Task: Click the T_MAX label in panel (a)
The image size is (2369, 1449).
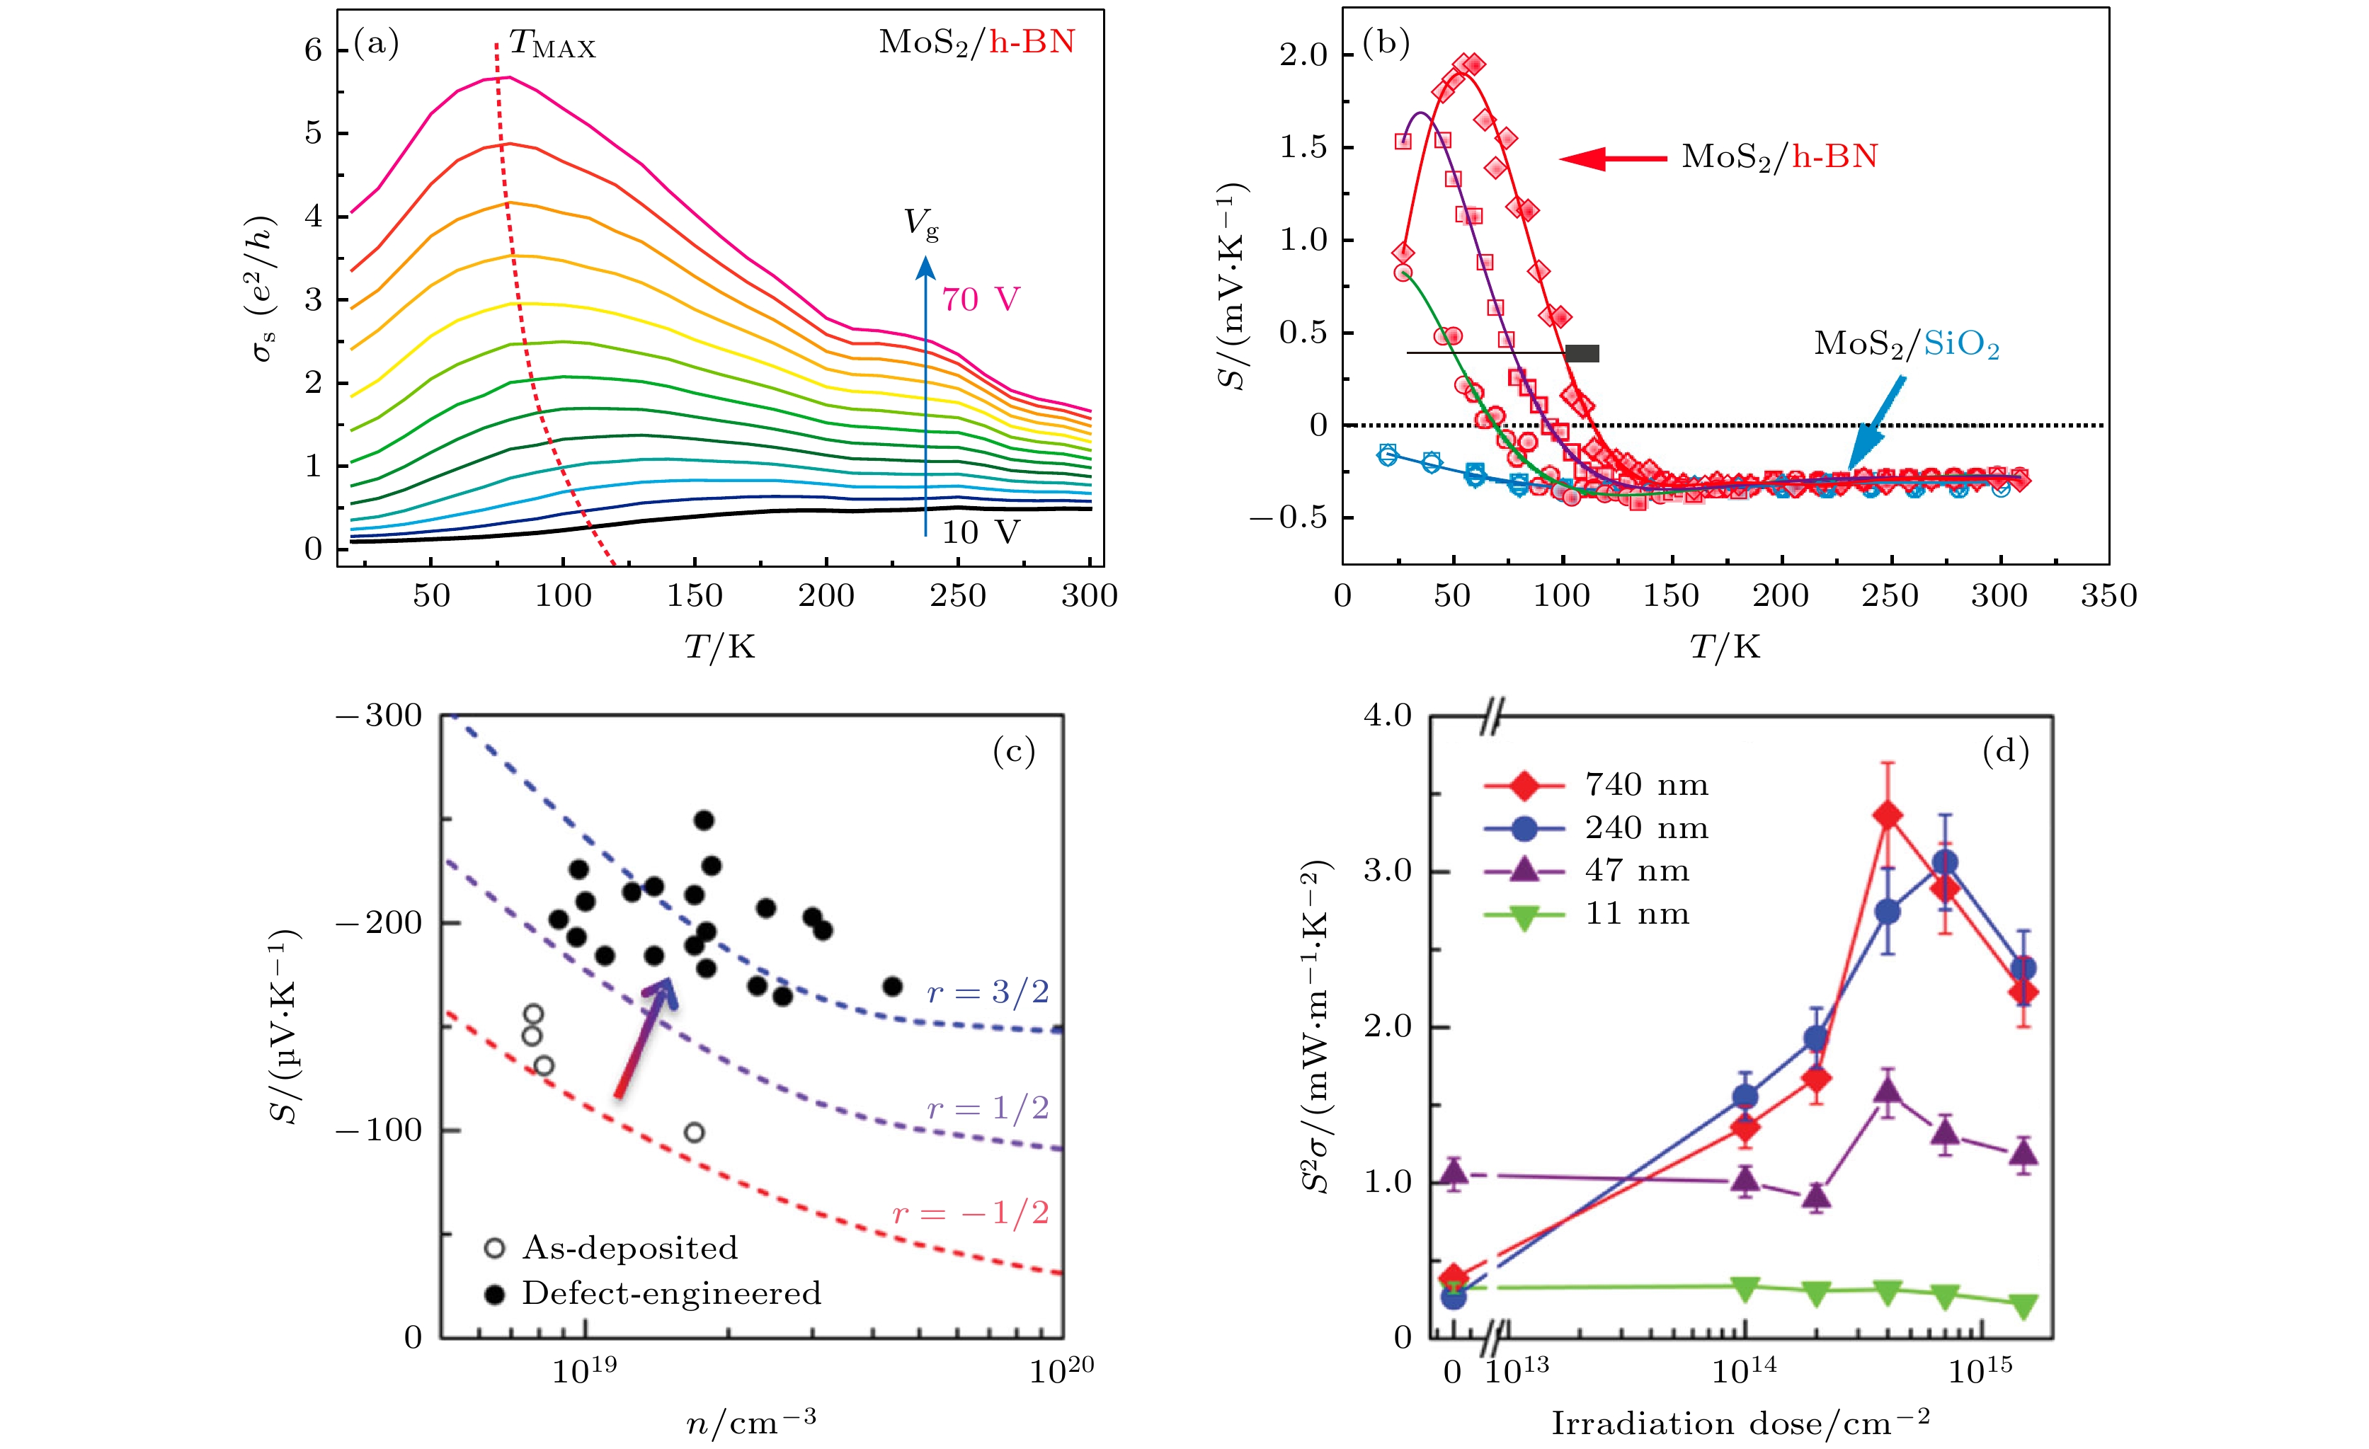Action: coord(552,44)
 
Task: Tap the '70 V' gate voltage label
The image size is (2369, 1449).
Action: coord(980,300)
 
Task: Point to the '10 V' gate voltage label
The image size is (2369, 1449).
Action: coord(980,532)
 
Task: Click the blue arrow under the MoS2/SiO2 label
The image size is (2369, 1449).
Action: coord(1875,423)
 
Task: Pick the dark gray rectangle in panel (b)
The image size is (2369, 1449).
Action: coord(1582,353)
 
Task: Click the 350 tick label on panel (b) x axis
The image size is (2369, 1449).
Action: coord(2108,596)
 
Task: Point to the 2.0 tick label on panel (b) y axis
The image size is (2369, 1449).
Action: coord(1303,55)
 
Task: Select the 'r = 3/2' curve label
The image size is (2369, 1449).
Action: coord(988,992)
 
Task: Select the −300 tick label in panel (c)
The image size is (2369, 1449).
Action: coord(379,716)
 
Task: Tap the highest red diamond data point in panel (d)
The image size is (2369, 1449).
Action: coord(1888,816)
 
